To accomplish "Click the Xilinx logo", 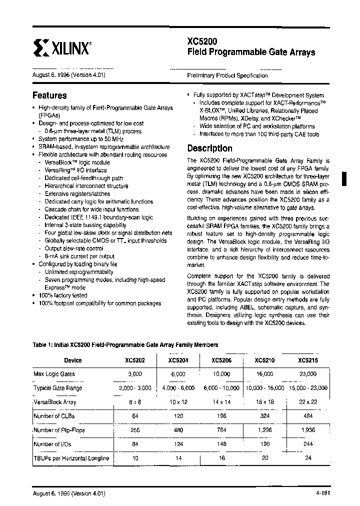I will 61,48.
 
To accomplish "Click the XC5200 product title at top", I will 202,42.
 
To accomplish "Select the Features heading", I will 49,95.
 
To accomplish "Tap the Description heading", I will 209,148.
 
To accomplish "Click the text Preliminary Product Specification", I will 227,75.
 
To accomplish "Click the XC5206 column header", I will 221,360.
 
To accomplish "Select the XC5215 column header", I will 307,360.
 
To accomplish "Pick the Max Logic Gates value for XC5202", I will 135,374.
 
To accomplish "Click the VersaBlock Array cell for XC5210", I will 264,401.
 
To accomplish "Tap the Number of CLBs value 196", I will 221,415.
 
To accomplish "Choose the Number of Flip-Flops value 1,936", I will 307,429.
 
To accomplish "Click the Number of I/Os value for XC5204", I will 178,443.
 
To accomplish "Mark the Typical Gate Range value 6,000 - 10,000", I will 221,388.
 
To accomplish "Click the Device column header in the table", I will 73,360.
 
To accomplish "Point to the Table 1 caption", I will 125,345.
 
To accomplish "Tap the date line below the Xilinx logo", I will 68,75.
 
